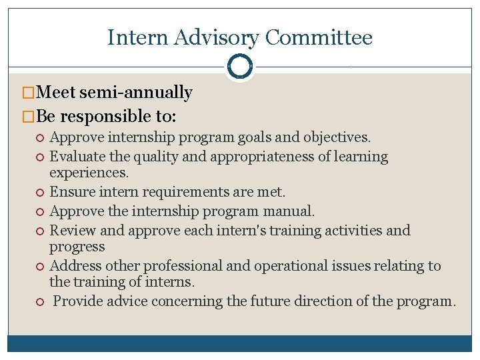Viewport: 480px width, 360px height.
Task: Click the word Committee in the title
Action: [x=318, y=37]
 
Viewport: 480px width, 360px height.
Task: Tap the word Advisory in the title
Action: [x=217, y=38]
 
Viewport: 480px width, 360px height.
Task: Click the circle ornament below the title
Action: [x=239, y=66]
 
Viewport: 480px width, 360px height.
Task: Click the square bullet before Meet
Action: [x=27, y=93]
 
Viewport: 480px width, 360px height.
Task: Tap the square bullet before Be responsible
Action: [x=27, y=117]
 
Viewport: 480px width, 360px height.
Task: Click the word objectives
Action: [x=337, y=138]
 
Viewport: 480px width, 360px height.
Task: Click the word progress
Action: [x=77, y=247]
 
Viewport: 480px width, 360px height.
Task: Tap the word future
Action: [x=270, y=301]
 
